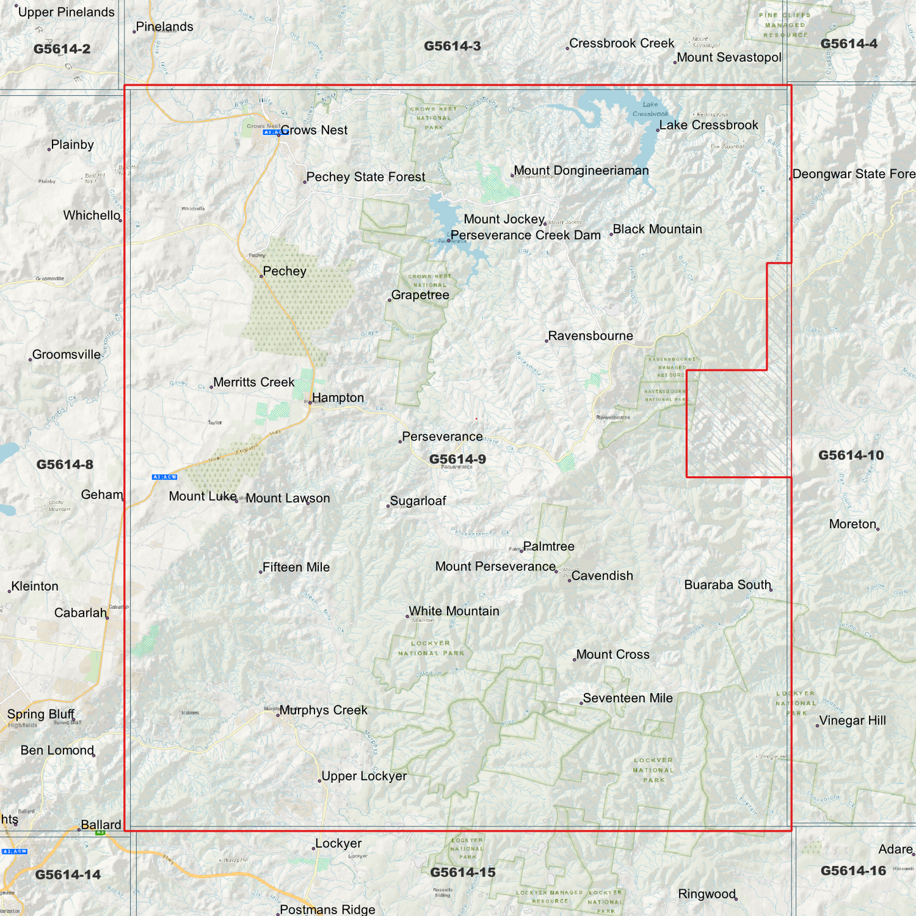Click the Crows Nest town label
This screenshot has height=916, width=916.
[314, 131]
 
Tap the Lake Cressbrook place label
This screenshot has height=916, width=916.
[709, 126]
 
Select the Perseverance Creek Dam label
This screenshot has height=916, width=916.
[526, 235]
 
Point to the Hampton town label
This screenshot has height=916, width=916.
[338, 398]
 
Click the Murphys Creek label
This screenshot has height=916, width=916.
[323, 711]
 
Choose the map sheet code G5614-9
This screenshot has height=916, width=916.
[457, 460]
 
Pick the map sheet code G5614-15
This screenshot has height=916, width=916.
[463, 872]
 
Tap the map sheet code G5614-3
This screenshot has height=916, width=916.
[452, 46]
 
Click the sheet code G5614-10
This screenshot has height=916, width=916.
[850, 455]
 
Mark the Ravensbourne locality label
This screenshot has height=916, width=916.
[590, 336]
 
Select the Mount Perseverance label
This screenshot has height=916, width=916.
[495, 567]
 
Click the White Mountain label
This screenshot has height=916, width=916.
[454, 611]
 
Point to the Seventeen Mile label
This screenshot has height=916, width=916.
[628, 699]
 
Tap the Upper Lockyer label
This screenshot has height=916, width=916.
[364, 777]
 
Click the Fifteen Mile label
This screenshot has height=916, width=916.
[296, 567]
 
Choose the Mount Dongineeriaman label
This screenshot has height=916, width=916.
[581, 171]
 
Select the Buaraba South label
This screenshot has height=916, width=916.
[727, 585]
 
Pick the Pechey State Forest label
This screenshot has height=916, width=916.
[366, 177]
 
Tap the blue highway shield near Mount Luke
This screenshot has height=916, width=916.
[164, 477]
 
